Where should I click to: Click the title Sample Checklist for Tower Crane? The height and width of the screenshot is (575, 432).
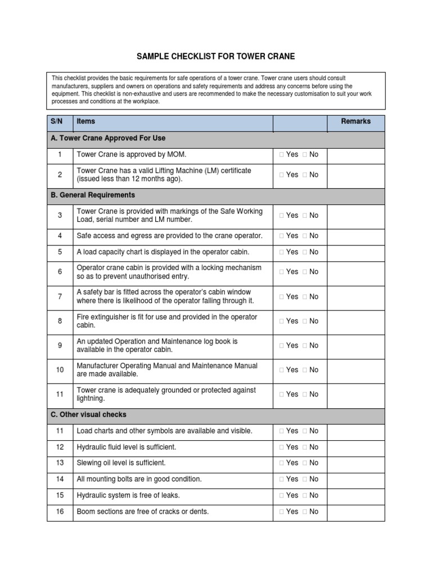[216, 57]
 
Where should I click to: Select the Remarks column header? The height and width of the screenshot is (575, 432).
[355, 121]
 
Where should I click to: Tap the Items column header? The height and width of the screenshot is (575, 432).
[86, 121]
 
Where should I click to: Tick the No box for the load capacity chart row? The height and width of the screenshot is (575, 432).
[304, 252]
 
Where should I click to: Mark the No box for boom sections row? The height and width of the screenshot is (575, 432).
[304, 512]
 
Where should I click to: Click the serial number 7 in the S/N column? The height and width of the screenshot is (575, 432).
[60, 296]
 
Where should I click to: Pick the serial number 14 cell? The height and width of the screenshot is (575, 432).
[60, 479]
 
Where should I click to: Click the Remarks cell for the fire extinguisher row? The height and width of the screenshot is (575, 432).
[355, 321]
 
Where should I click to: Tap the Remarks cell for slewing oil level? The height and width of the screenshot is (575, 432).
[355, 463]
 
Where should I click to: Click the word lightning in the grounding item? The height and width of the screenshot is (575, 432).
[91, 399]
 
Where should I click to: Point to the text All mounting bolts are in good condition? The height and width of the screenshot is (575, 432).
[139, 479]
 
